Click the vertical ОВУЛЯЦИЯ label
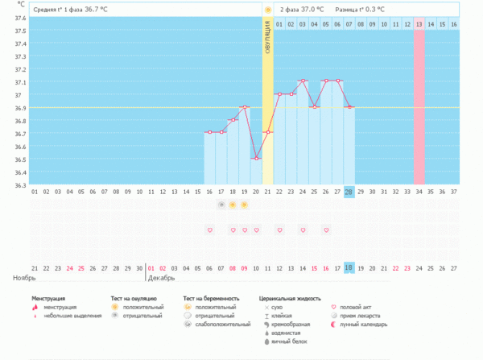tap(268, 41)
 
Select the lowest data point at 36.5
tap(257, 159)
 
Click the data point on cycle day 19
tap(245, 107)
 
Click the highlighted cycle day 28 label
tap(349, 192)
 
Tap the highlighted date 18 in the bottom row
tap(349, 267)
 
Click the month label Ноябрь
tap(25, 278)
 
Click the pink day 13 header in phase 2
tap(419, 25)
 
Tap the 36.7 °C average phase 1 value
tap(96, 9)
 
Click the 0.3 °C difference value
tap(371, 9)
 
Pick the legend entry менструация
tap(67, 307)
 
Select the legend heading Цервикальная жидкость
tap(291, 298)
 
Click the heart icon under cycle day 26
tap(326, 230)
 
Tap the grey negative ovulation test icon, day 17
tap(221, 205)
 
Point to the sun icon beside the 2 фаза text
tap(268, 9)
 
